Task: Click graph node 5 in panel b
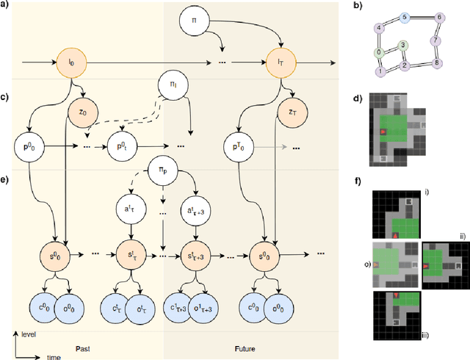(x=404, y=16)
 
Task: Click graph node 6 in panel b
(x=439, y=17)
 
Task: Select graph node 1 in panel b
(x=380, y=71)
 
